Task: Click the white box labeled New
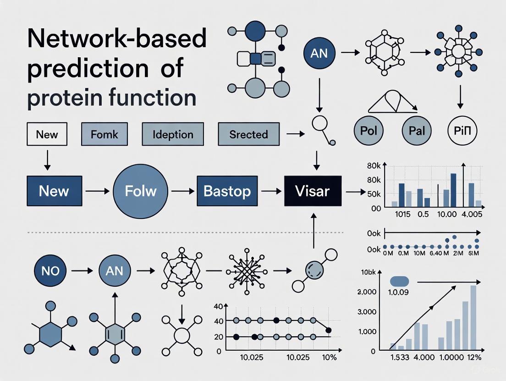(47, 134)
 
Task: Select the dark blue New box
(54, 190)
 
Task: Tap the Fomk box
(104, 134)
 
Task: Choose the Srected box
(248, 134)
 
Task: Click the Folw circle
(141, 190)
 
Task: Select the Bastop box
(227, 190)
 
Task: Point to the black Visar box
(313, 190)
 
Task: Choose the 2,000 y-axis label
(367, 292)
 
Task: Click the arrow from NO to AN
(82, 271)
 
